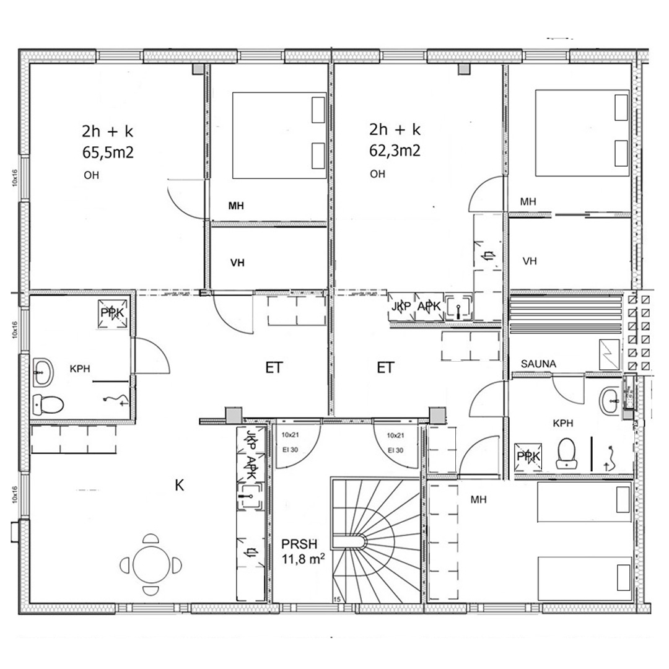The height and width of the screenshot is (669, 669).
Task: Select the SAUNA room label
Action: coord(539,364)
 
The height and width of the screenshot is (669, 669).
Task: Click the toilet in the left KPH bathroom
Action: coord(48,404)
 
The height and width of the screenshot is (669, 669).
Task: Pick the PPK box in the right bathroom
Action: coord(528,457)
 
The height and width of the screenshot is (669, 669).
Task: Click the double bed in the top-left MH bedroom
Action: coord(279,136)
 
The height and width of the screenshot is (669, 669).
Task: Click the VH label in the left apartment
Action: coord(237,263)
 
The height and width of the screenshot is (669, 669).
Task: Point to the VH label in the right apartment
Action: coord(529,261)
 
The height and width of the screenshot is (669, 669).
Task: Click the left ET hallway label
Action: coord(274,369)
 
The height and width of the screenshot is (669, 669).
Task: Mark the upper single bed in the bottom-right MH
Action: coord(584,503)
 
